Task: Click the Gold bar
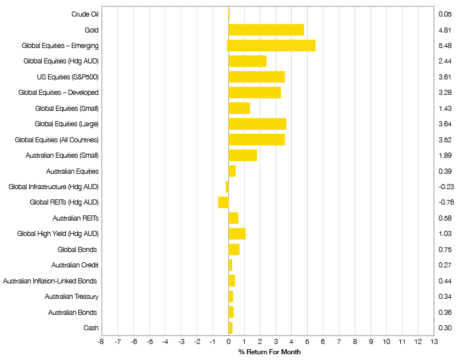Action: coord(266,30)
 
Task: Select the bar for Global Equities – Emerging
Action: coord(271,46)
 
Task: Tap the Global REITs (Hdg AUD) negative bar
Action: coord(223,202)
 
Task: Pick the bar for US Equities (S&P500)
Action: coord(256,77)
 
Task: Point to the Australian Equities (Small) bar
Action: coord(243,155)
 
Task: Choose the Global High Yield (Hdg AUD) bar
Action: coord(237,234)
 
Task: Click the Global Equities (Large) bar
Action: coord(257,124)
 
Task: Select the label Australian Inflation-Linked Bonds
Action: coord(50,281)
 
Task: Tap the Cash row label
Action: coord(91,328)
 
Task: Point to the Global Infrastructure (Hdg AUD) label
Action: coord(54,187)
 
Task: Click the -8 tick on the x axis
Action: coord(101,342)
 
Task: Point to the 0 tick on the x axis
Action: coord(228,342)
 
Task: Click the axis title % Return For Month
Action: coord(269,352)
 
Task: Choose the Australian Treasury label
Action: coord(71,297)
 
